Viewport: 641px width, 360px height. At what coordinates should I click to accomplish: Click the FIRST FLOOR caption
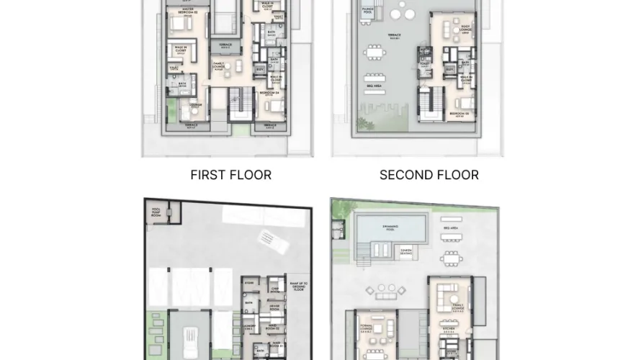(x=230, y=175)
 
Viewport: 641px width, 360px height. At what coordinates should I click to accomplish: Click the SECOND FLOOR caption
(x=429, y=175)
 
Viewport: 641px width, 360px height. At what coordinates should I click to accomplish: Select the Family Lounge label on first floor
(x=220, y=65)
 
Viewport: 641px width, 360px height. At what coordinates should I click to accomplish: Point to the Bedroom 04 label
(x=272, y=93)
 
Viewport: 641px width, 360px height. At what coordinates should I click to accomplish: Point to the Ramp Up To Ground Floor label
(x=297, y=284)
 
